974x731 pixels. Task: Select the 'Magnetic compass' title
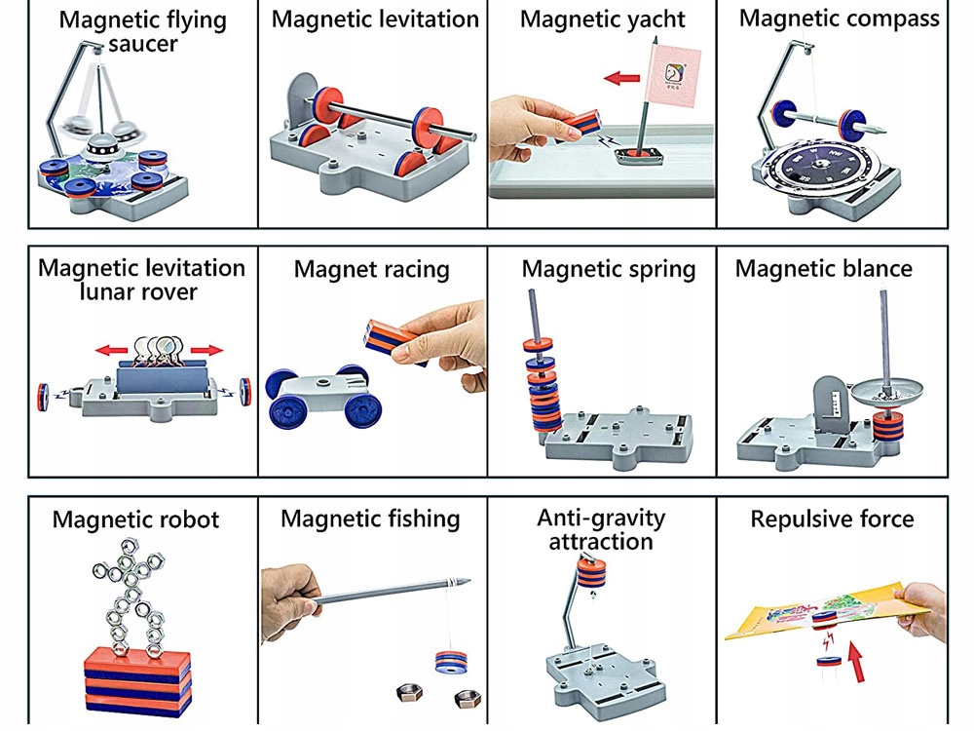pos(839,18)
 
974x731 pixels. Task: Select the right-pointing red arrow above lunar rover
pos(206,350)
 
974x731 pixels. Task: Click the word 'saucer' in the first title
pos(143,44)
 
